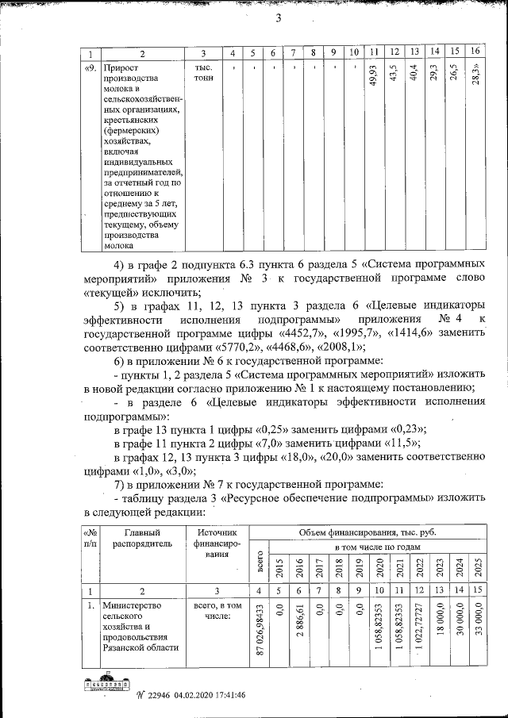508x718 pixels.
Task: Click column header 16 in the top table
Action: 475,52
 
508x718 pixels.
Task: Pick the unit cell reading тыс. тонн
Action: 203,74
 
